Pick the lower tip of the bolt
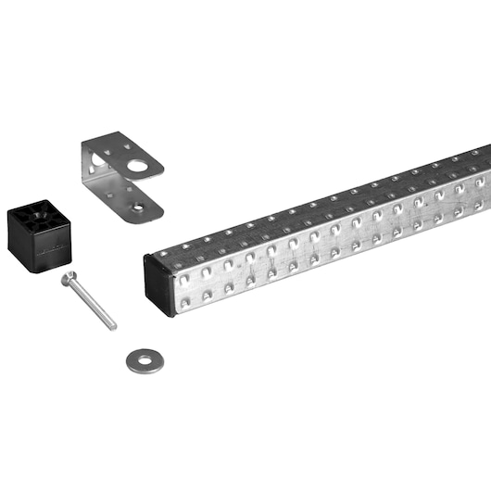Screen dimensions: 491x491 click(x=114, y=326)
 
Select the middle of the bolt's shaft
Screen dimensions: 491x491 click(x=92, y=303)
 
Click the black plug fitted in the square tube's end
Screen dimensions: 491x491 click(x=159, y=283)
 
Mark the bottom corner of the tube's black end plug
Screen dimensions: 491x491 click(x=170, y=316)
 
